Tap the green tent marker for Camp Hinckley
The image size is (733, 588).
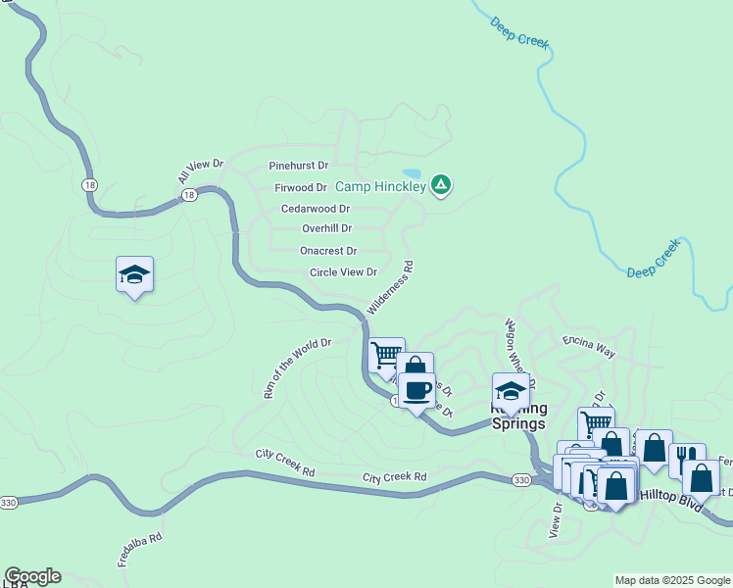coord(441,183)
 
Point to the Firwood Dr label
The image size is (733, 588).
coord(300,187)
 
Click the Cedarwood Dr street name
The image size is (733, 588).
coord(315,209)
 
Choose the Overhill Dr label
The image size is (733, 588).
coord(326,228)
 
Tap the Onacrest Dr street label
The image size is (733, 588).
coord(327,251)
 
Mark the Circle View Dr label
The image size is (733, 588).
coord(343,272)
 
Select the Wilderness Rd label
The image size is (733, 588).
coord(390,286)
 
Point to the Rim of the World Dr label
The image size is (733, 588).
coord(298,368)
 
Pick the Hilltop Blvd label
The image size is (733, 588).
coord(671,497)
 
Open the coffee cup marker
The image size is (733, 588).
coord(416,390)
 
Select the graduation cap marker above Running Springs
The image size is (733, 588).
coord(510,391)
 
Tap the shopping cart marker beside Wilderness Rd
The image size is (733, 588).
coord(386,354)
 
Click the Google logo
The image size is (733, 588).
coord(32,576)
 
